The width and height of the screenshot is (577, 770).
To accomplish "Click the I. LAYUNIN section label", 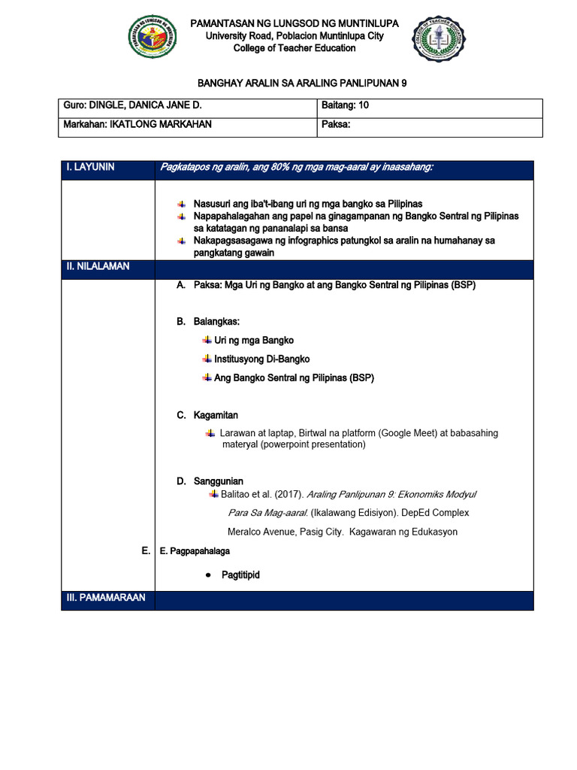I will (x=91, y=168).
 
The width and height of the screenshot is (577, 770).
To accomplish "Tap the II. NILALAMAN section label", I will (x=98, y=267).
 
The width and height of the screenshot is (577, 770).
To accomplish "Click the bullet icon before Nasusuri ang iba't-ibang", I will (x=181, y=205).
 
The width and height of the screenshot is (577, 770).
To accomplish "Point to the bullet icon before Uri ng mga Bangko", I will (x=207, y=341).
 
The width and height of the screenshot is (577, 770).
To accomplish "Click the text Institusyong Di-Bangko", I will (x=261, y=359).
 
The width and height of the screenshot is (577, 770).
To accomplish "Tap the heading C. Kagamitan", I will (x=207, y=415).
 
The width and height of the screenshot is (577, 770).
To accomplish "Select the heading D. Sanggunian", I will (x=210, y=481).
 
